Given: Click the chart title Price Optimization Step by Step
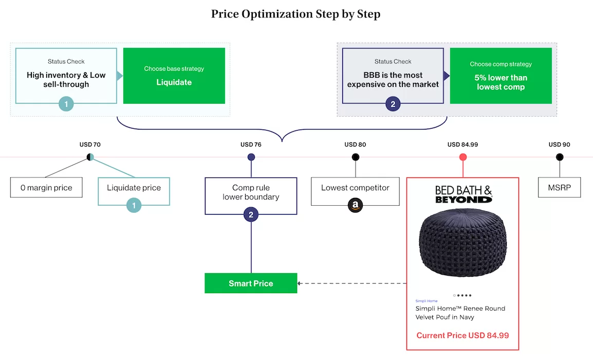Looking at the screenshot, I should pyautogui.click(x=295, y=14).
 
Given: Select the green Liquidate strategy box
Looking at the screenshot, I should pyautogui.click(x=174, y=76).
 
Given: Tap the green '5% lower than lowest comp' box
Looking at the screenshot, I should pyautogui.click(x=501, y=76).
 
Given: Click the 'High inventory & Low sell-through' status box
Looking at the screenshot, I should pyautogui.click(x=66, y=76).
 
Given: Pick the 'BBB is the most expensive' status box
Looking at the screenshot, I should pyautogui.click(x=393, y=76).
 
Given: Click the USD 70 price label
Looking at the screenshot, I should pyautogui.click(x=90, y=145).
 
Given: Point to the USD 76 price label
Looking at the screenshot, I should pyautogui.click(x=251, y=145).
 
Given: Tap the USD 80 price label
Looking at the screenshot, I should pyautogui.click(x=355, y=145).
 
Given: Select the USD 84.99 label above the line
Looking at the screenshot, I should pyautogui.click(x=462, y=145).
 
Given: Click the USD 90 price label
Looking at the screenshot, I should pyautogui.click(x=559, y=145).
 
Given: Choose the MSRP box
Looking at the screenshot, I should pyautogui.click(x=559, y=188).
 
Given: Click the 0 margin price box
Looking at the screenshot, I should pyautogui.click(x=46, y=188).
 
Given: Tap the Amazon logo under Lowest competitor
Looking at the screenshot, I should pyautogui.click(x=355, y=206).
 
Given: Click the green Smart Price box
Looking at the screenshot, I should pyautogui.click(x=251, y=283).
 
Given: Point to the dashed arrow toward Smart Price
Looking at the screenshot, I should pyautogui.click(x=352, y=283).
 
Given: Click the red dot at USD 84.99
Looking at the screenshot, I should pyautogui.click(x=463, y=157).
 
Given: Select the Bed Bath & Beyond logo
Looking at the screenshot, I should pyautogui.click(x=463, y=194).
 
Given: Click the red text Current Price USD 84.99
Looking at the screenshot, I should pyautogui.click(x=462, y=335).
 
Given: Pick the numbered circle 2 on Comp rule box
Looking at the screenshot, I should pyautogui.click(x=251, y=215).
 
